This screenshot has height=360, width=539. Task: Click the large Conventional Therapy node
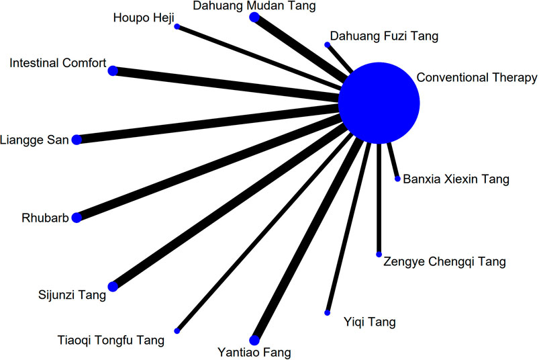(379, 103)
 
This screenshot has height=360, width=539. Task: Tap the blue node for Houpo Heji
(177, 26)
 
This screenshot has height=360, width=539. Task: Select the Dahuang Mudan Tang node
(254, 17)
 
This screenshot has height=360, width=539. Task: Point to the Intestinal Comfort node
(113, 70)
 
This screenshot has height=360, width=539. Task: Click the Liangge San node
(77, 139)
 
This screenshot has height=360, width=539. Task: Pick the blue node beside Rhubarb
(77, 218)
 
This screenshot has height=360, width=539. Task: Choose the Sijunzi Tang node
(113, 287)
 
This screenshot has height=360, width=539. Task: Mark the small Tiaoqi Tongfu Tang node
(177, 330)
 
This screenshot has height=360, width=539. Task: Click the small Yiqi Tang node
(327, 313)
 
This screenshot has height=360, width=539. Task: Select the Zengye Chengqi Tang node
(379, 255)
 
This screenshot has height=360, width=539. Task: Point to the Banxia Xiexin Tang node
(397, 179)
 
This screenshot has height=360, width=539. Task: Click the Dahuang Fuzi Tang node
(327, 44)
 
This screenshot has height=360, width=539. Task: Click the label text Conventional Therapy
(477, 77)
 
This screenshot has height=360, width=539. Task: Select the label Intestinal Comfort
(58, 63)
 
